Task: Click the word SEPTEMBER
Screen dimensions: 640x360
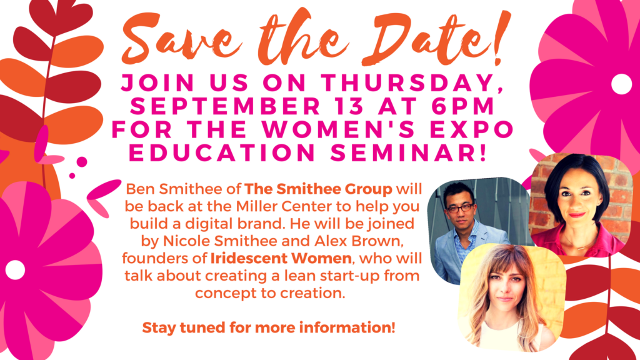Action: point(226,106)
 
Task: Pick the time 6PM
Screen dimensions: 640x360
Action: point(463,106)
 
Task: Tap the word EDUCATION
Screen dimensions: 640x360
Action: point(222,152)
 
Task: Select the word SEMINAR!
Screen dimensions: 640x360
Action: point(408,152)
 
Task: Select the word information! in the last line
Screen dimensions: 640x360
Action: point(347,327)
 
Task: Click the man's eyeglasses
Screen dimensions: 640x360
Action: point(461,208)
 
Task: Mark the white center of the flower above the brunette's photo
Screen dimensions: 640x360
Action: point(621,84)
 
